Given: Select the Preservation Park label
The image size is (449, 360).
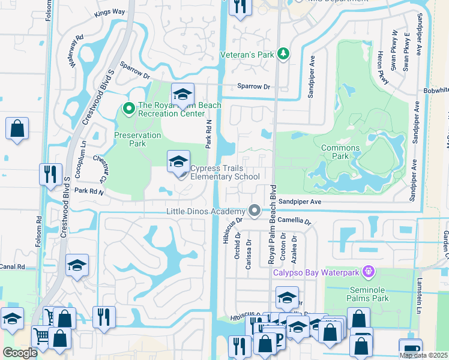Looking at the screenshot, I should [x=137, y=139].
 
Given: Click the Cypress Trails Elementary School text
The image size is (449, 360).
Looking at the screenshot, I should [x=224, y=173].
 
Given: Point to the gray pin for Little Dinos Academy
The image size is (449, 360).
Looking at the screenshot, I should [x=255, y=211].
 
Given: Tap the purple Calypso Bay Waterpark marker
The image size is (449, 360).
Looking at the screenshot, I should [x=369, y=273].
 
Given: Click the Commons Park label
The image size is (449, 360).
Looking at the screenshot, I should [x=340, y=152].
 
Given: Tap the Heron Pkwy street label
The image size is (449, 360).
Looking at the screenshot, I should [x=381, y=67].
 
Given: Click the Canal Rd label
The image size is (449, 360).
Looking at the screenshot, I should [x=12, y=266].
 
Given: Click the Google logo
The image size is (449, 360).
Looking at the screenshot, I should [x=20, y=353].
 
